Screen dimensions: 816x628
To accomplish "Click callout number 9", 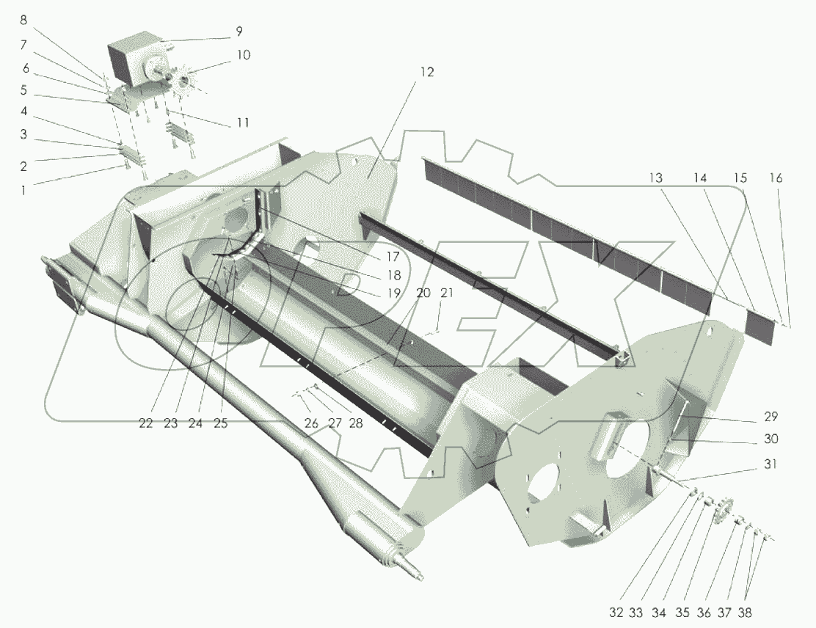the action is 238,32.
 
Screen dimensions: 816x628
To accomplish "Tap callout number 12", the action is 426,72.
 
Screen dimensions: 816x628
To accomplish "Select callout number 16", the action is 776,178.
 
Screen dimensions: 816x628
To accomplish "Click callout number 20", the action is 423,293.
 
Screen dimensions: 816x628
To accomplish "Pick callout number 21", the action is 447,293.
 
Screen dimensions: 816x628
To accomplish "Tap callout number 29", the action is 771,417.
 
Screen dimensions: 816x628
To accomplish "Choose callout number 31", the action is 771,464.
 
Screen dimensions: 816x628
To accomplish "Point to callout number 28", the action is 356,423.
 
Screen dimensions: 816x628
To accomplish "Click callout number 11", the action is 243,123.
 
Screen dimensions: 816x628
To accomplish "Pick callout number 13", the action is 656,178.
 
